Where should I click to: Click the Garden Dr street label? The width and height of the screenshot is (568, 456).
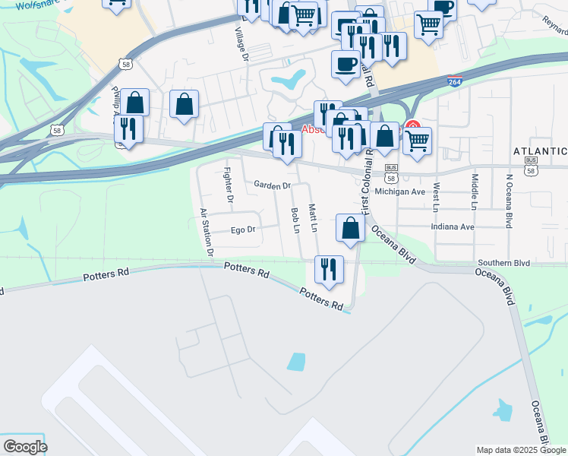(x=273, y=185)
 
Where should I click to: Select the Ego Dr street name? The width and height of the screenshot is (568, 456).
(x=242, y=229)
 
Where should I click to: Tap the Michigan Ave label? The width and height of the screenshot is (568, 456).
(x=407, y=192)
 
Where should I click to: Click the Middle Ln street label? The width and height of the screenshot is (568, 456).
(x=475, y=192)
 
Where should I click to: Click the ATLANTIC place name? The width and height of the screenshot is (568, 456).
(x=540, y=150)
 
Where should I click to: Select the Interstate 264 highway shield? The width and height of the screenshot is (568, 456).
(x=454, y=81)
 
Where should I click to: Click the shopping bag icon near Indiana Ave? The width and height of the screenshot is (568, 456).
(x=350, y=229)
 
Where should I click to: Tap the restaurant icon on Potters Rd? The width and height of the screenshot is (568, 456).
(x=329, y=269)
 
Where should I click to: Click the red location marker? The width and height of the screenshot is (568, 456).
(x=412, y=127)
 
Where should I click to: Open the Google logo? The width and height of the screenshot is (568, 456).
(x=25, y=447)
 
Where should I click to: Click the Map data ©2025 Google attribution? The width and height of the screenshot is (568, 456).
(x=521, y=450)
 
